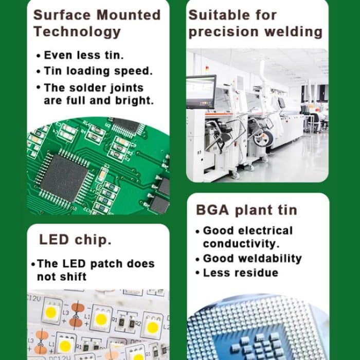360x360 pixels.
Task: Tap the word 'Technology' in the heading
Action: point(77,32)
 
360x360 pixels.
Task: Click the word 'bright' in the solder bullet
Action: point(135,100)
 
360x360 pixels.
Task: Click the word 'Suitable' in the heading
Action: point(218,15)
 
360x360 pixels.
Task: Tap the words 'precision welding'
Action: point(256,32)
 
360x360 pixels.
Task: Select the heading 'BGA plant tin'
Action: point(246,210)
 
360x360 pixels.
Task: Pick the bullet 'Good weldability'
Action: point(252,258)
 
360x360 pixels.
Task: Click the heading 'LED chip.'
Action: point(76,240)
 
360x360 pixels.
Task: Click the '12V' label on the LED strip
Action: point(37,298)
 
